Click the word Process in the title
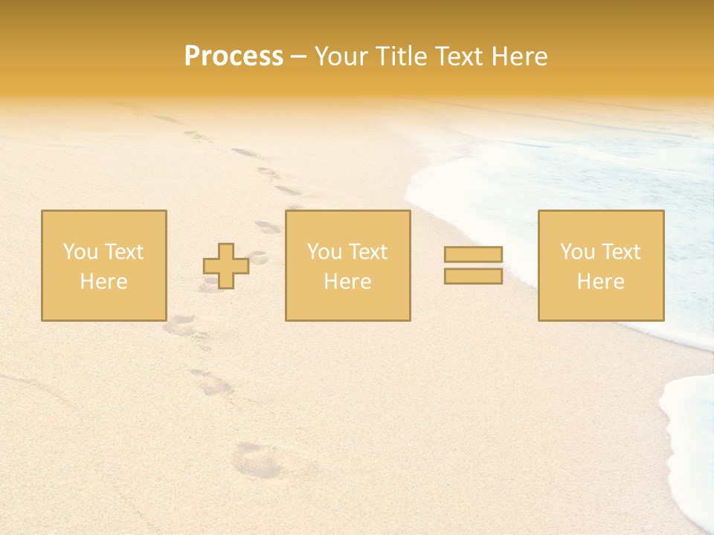point(234,56)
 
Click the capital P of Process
point(193,56)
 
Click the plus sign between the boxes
point(226,266)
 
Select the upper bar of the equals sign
point(473,254)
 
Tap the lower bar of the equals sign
point(473,276)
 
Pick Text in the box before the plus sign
point(123,252)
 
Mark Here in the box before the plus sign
point(103,282)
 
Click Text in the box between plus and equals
point(367,252)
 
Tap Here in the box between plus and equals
point(347,282)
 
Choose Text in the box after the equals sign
point(620,252)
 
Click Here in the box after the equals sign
point(600,282)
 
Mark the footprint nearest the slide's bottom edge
point(257,460)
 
